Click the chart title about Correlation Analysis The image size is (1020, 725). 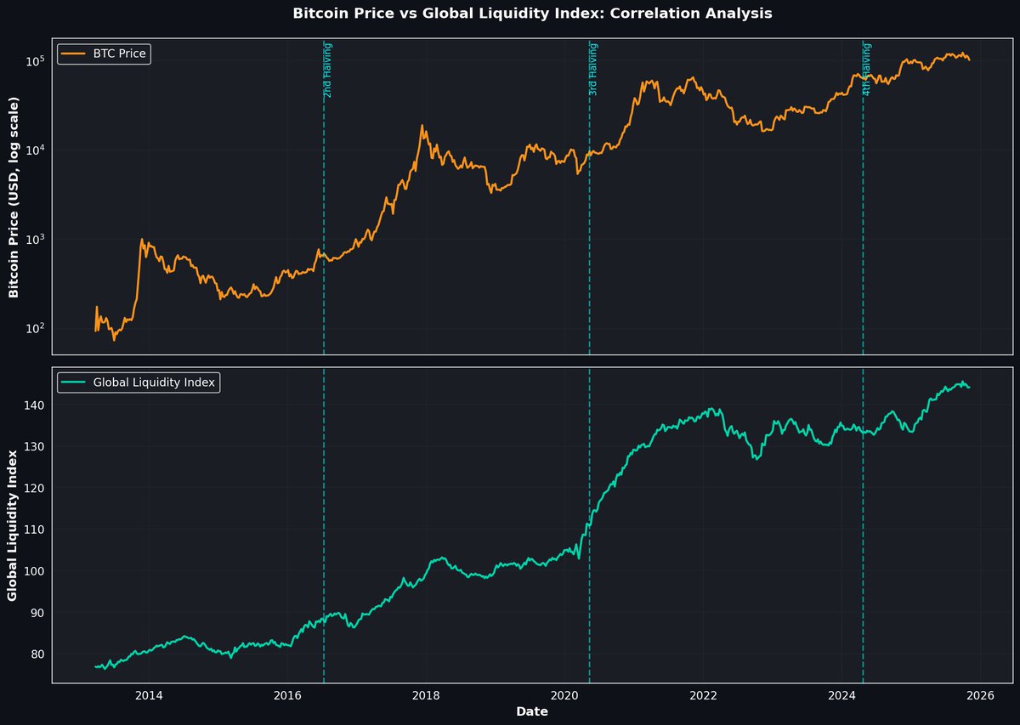[x=532, y=14]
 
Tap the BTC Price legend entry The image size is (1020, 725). [x=119, y=54]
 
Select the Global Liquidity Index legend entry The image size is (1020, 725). [x=154, y=382]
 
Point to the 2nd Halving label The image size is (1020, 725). [x=328, y=69]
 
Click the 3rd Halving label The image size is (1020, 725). [x=593, y=69]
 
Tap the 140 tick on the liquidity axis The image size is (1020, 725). [x=34, y=405]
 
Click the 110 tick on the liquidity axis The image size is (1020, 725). [x=34, y=530]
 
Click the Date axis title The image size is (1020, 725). [x=531, y=712]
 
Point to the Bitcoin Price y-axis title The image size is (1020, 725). [x=14, y=196]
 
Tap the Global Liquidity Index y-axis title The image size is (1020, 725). [x=14, y=524]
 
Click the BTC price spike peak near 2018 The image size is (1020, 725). [x=422, y=126]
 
